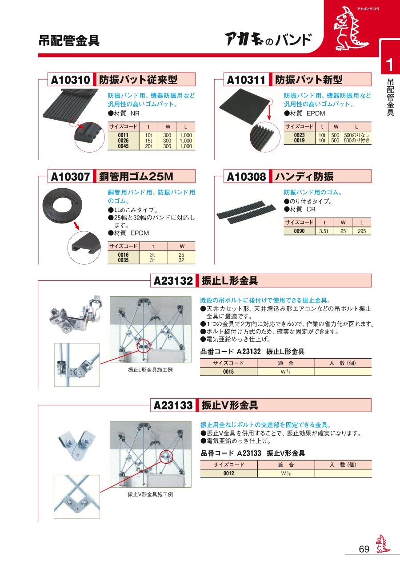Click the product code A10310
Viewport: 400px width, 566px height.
pos(70,80)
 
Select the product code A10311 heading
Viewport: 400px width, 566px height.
pos(246,80)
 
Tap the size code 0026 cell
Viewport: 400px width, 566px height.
pos(123,141)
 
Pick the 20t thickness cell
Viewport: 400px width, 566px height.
pos(148,146)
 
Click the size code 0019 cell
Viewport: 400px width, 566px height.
pos(299,141)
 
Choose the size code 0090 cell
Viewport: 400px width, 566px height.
pos(299,231)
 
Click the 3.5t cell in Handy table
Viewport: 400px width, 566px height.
pos(324,231)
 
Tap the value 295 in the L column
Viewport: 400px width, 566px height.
pos(362,231)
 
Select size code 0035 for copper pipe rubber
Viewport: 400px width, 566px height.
pos(123,260)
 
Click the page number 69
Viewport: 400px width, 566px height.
pos(364,549)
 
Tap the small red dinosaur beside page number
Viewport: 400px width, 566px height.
pos(383,543)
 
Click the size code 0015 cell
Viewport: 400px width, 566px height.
pos(228,372)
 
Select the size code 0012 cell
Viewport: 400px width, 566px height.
pos(228,473)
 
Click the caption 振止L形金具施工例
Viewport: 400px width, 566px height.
pos(150,370)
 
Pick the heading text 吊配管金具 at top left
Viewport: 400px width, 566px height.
pos(69,40)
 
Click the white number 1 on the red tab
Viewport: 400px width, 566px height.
pos(390,65)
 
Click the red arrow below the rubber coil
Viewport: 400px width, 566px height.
pos(76,226)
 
